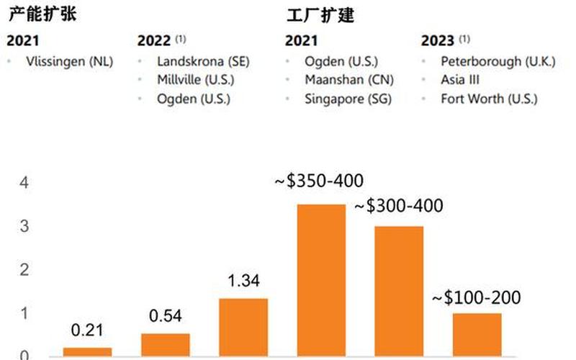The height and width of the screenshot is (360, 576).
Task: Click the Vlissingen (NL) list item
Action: [68, 62]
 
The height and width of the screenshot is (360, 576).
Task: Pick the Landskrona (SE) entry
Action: [203, 62]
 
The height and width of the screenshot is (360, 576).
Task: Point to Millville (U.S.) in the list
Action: [195, 81]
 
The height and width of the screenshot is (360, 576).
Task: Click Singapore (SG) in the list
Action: [348, 99]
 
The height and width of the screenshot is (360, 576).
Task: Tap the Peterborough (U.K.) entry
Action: [498, 62]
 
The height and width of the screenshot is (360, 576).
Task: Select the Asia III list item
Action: [460, 81]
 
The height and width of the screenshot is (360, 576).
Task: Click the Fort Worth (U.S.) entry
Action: [489, 99]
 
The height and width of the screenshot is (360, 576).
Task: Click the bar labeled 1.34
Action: [243, 327]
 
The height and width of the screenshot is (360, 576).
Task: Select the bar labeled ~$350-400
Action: [322, 280]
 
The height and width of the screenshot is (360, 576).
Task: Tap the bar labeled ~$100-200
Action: [477, 334]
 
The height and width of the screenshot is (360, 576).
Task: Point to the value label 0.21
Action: [87, 330]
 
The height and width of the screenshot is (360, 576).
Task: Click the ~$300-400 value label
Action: [398, 207]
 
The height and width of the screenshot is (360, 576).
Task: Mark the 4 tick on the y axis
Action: [24, 184]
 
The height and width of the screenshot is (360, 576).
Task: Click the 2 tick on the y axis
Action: [24, 270]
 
